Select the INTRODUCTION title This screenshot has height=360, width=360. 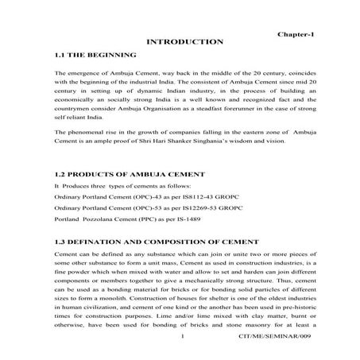coord(184,41)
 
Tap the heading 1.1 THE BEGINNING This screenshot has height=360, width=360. coord(94,56)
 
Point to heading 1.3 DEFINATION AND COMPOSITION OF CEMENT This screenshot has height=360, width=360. coord(153,240)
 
